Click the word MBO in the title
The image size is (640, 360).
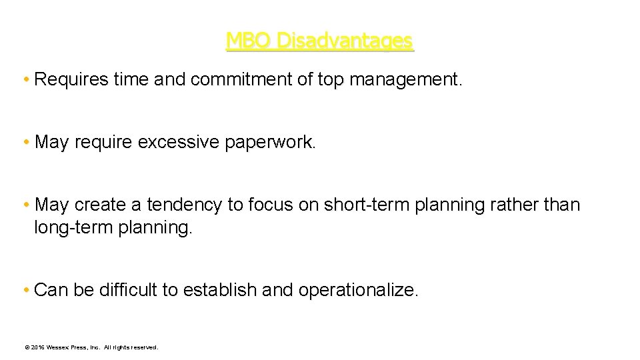[x=249, y=41]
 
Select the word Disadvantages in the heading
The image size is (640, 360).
[x=345, y=41]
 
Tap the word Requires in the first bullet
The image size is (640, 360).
[x=71, y=80]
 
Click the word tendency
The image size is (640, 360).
[x=185, y=205]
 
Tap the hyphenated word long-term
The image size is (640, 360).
[x=73, y=227]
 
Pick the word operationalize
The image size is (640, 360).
[x=359, y=290]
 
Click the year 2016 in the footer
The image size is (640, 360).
[x=37, y=347]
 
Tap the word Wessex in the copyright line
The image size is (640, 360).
[x=59, y=347]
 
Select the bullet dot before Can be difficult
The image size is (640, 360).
[x=25, y=290]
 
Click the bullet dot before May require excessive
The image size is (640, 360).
[x=25, y=142]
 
